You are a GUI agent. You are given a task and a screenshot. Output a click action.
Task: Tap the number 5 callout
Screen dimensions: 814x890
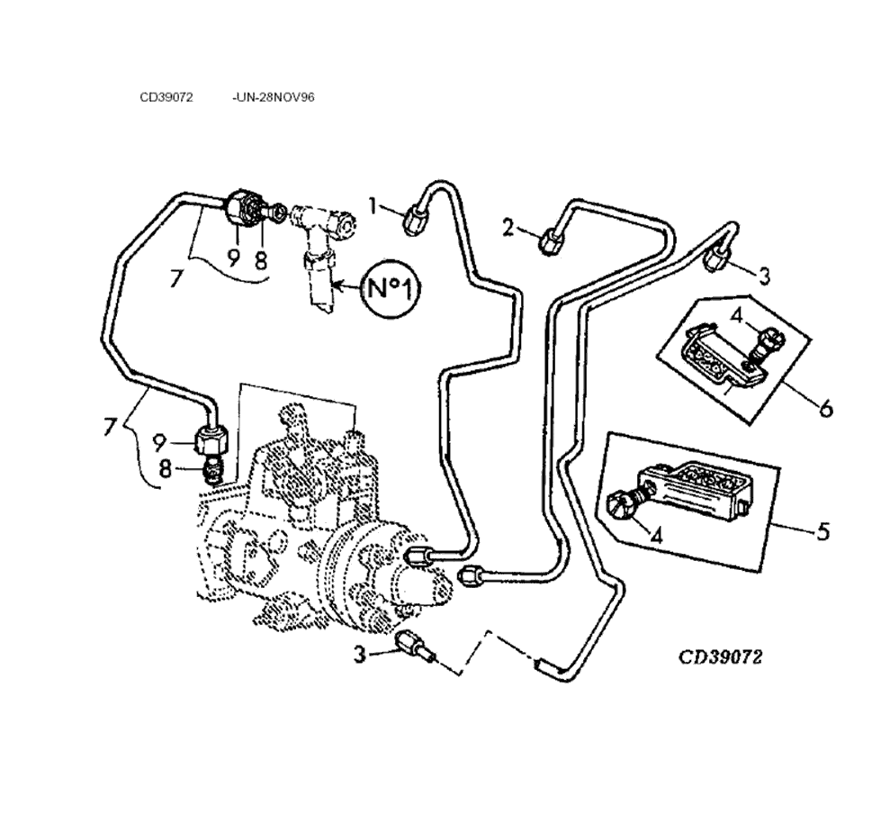coord(823,531)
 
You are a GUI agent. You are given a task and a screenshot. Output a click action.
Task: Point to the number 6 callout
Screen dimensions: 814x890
coord(824,409)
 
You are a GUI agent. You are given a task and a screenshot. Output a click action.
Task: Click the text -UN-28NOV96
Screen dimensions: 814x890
coord(273,98)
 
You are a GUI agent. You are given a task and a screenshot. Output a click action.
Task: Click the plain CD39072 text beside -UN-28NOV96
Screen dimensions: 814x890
coord(166,98)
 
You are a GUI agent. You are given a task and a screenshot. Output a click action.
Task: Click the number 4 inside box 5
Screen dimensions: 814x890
coord(657,535)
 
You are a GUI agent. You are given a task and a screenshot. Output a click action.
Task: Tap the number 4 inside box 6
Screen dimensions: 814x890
coord(735,316)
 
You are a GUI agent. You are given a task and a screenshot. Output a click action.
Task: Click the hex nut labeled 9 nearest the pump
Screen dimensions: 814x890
coord(211,441)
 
